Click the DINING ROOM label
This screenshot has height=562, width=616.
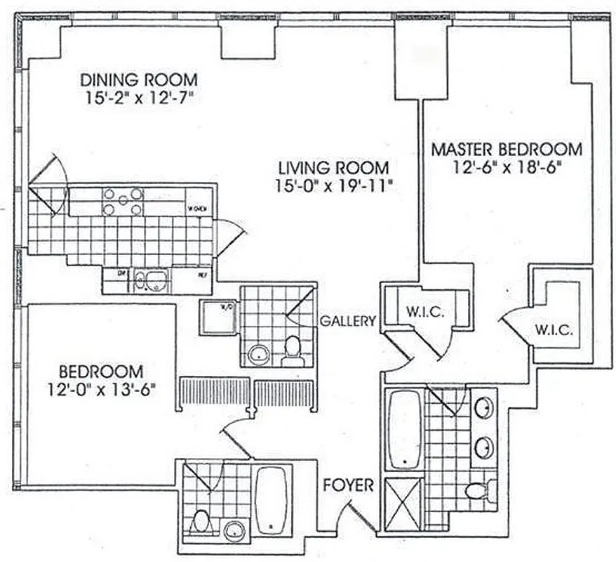point(138,79)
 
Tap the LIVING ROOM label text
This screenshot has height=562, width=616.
point(333,168)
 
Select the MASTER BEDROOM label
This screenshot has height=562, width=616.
point(506,149)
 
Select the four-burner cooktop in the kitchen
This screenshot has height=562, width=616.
point(123,201)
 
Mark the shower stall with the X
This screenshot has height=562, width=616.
point(403,503)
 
